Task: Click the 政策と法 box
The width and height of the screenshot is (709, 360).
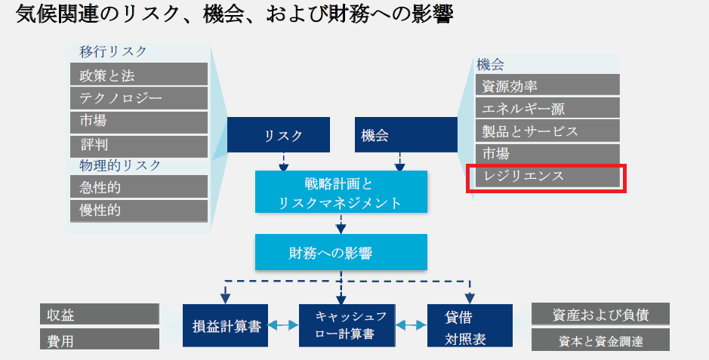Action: pyautogui.click(x=139, y=75)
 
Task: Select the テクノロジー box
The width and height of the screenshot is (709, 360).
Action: pyautogui.click(x=139, y=98)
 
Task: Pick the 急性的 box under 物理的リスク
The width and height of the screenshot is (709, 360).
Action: pyautogui.click(x=139, y=186)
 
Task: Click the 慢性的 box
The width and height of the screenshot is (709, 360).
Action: pyautogui.click(x=139, y=210)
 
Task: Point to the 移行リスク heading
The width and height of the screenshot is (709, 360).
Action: pyautogui.click(x=113, y=51)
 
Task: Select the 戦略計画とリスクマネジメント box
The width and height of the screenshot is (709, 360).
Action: pyautogui.click(x=341, y=192)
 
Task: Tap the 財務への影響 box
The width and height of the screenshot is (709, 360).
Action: pyautogui.click(x=341, y=253)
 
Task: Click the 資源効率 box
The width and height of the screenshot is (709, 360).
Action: pyautogui.click(x=547, y=85)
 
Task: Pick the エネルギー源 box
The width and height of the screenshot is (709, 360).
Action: pyautogui.click(x=547, y=108)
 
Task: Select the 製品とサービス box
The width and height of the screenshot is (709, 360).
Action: pyautogui.click(x=547, y=131)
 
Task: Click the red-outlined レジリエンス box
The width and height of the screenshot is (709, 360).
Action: pyautogui.click(x=547, y=177)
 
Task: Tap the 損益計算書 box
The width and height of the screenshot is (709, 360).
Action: pyautogui.click(x=226, y=326)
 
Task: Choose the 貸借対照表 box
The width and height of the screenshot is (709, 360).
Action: pyautogui.click(x=470, y=326)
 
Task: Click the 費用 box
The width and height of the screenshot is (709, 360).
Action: pyautogui.click(x=99, y=339)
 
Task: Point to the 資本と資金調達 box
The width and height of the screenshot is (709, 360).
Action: pyautogui.click(x=600, y=340)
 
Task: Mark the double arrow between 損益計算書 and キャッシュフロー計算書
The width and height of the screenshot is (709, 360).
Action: pyautogui.click(x=284, y=326)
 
